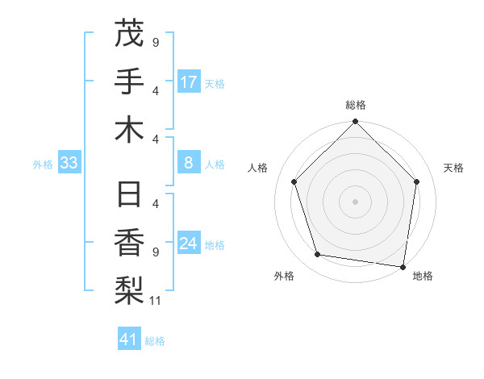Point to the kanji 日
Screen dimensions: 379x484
tap(129, 194)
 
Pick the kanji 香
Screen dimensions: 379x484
tap(129, 243)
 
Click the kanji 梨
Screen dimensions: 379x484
tap(129, 291)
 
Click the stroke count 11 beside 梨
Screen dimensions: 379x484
tap(156, 302)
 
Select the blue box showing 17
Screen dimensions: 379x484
tap(189, 82)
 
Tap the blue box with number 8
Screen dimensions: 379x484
tap(189, 164)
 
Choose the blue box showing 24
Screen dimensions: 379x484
tap(189, 244)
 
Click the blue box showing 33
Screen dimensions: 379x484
tap(69, 164)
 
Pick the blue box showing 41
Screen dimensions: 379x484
tap(129, 339)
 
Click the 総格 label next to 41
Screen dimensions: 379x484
tap(155, 341)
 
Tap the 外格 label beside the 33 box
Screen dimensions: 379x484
tap(43, 165)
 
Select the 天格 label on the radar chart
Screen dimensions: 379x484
tap(454, 168)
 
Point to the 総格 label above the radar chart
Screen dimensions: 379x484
tap(356, 105)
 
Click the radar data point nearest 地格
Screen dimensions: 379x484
tap(403, 266)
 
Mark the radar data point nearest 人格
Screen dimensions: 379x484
tap(294, 181)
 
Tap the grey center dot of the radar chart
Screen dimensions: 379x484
tap(356, 201)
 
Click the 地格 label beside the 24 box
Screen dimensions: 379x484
tap(215, 245)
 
